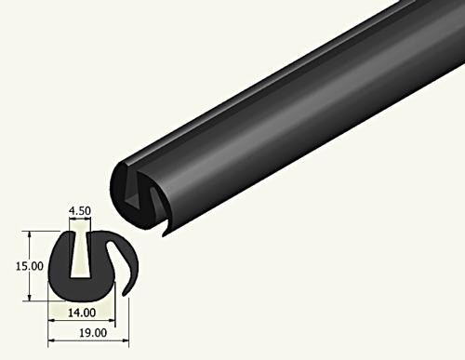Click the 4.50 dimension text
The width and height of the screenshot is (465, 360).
[81, 211]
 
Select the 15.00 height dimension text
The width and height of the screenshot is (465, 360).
[15, 265]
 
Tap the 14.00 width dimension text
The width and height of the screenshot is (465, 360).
[81, 314]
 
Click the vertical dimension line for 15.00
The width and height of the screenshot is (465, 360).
[33, 265]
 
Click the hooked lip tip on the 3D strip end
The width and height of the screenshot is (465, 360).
[166, 231]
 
